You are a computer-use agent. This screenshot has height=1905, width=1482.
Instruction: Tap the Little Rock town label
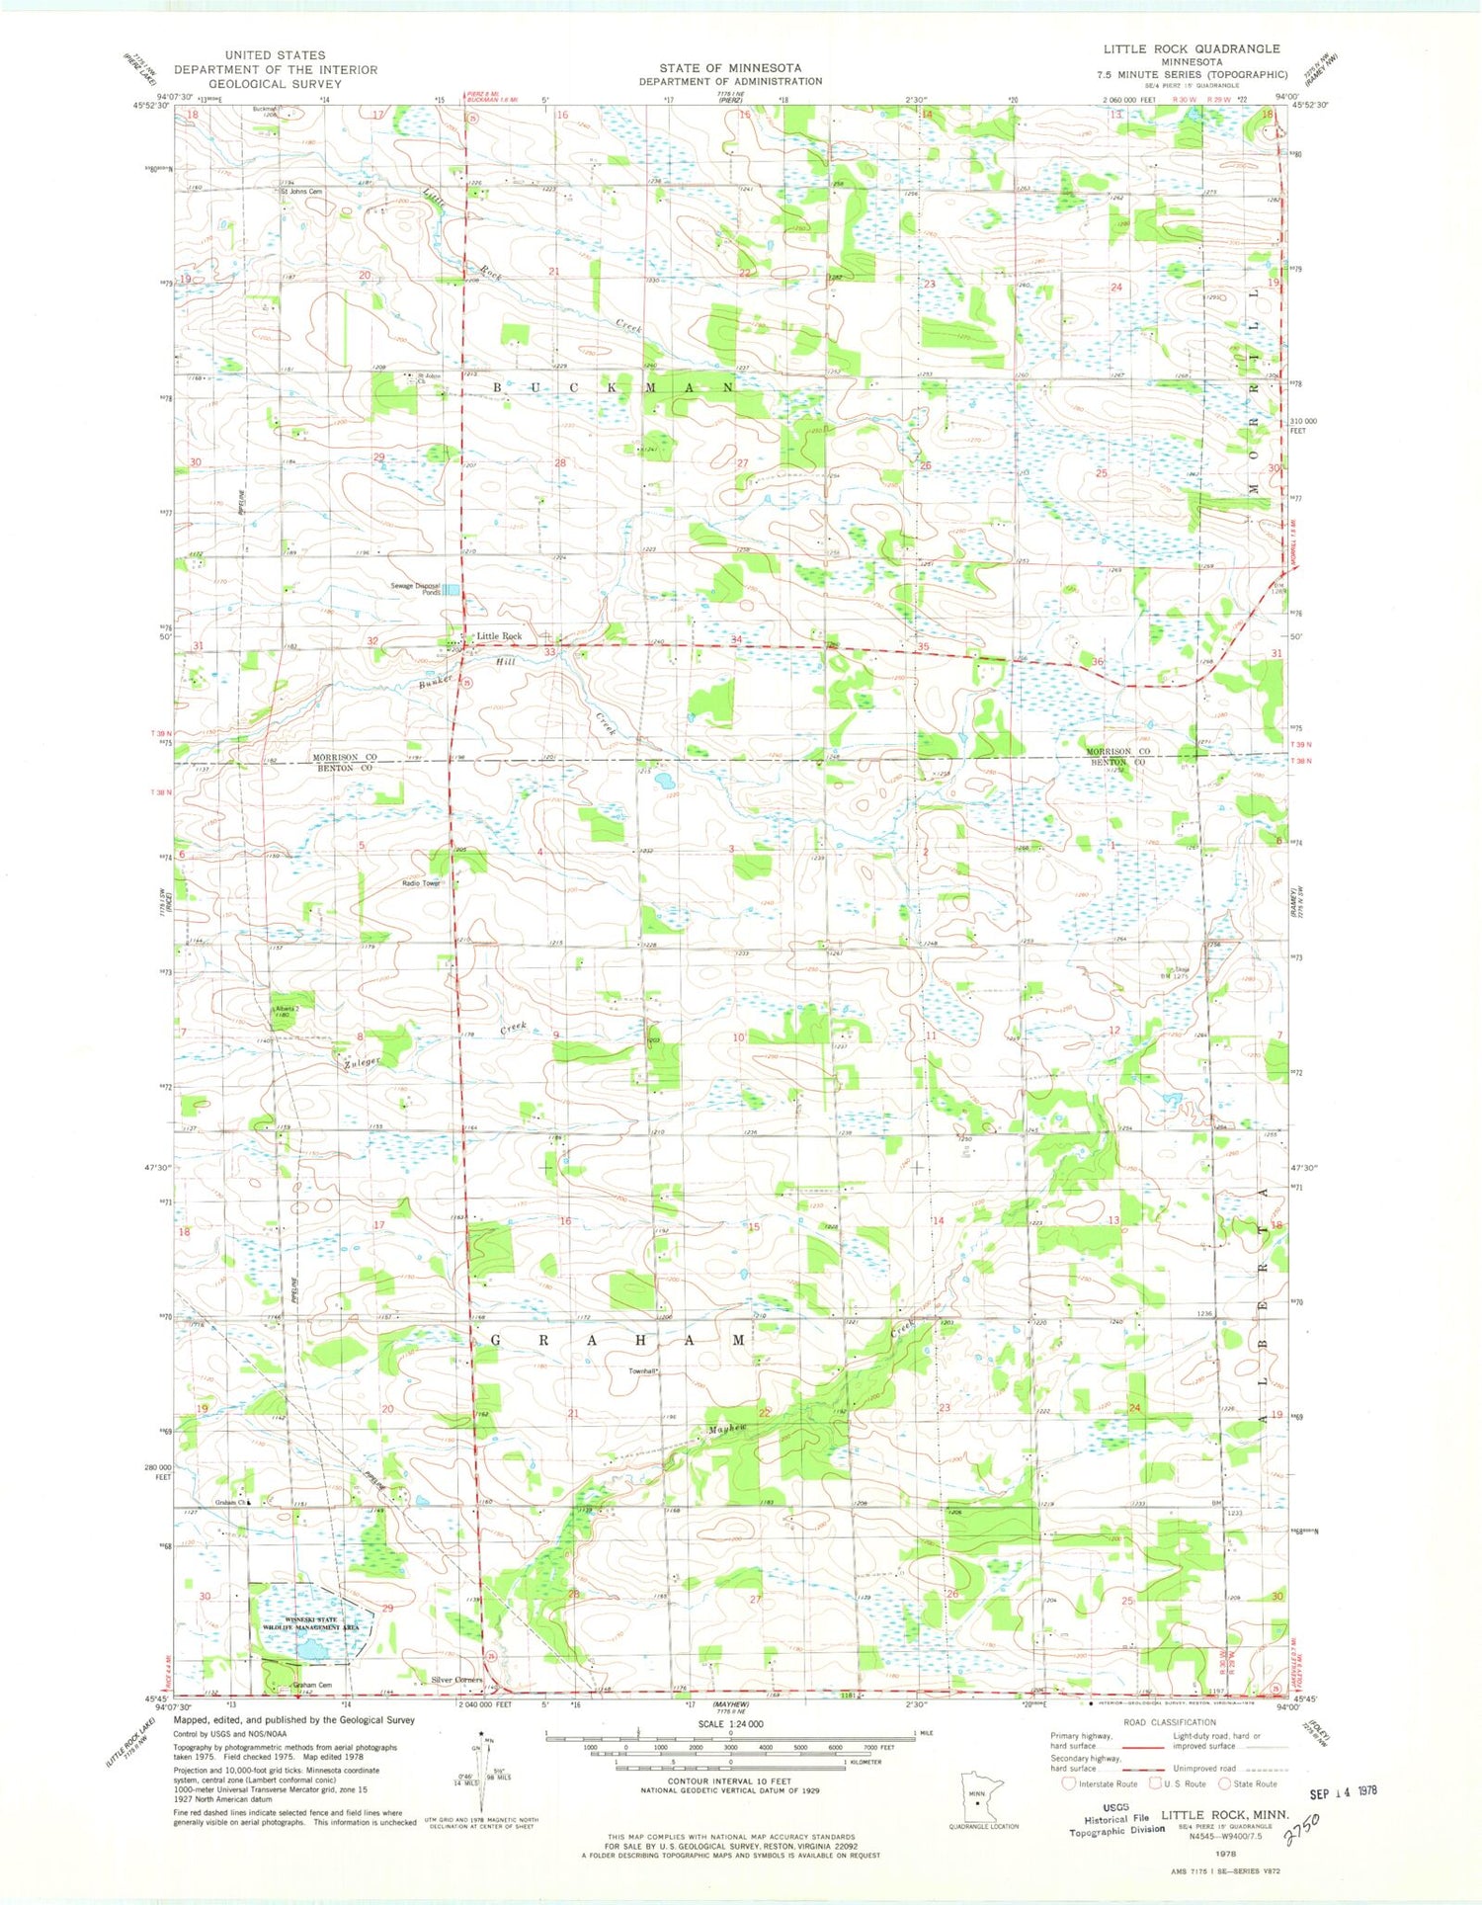click(x=499, y=636)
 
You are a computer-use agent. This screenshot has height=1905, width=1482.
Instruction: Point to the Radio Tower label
click(x=420, y=883)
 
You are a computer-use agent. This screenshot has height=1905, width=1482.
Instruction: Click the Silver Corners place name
click(x=457, y=1680)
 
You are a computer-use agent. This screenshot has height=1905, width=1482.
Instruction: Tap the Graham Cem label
click(x=311, y=1685)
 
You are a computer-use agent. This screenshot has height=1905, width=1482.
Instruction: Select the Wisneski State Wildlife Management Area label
click(x=309, y=1622)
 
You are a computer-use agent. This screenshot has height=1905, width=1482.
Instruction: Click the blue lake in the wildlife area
click(x=310, y=1648)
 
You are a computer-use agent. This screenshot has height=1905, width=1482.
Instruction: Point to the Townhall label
click(x=643, y=1371)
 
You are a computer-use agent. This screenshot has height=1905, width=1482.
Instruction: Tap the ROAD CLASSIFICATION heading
click(x=1170, y=1722)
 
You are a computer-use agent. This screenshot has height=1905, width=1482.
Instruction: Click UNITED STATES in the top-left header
click(x=275, y=55)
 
